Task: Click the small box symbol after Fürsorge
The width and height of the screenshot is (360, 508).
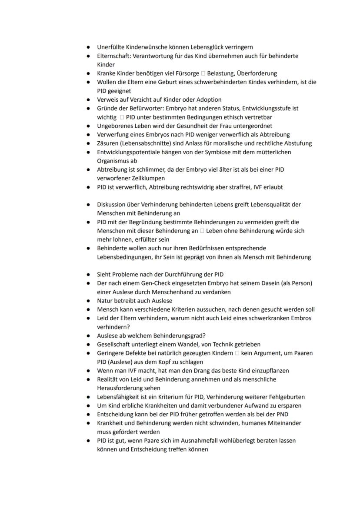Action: [x=203, y=73]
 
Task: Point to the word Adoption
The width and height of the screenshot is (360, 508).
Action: [x=208, y=100]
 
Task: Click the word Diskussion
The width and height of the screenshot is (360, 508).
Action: [x=112, y=204]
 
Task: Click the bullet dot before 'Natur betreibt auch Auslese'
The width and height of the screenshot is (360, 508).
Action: [x=88, y=301]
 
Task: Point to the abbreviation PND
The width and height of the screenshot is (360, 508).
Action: [x=282, y=414]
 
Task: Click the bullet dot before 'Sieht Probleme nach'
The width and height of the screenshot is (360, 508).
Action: [x=88, y=275]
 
